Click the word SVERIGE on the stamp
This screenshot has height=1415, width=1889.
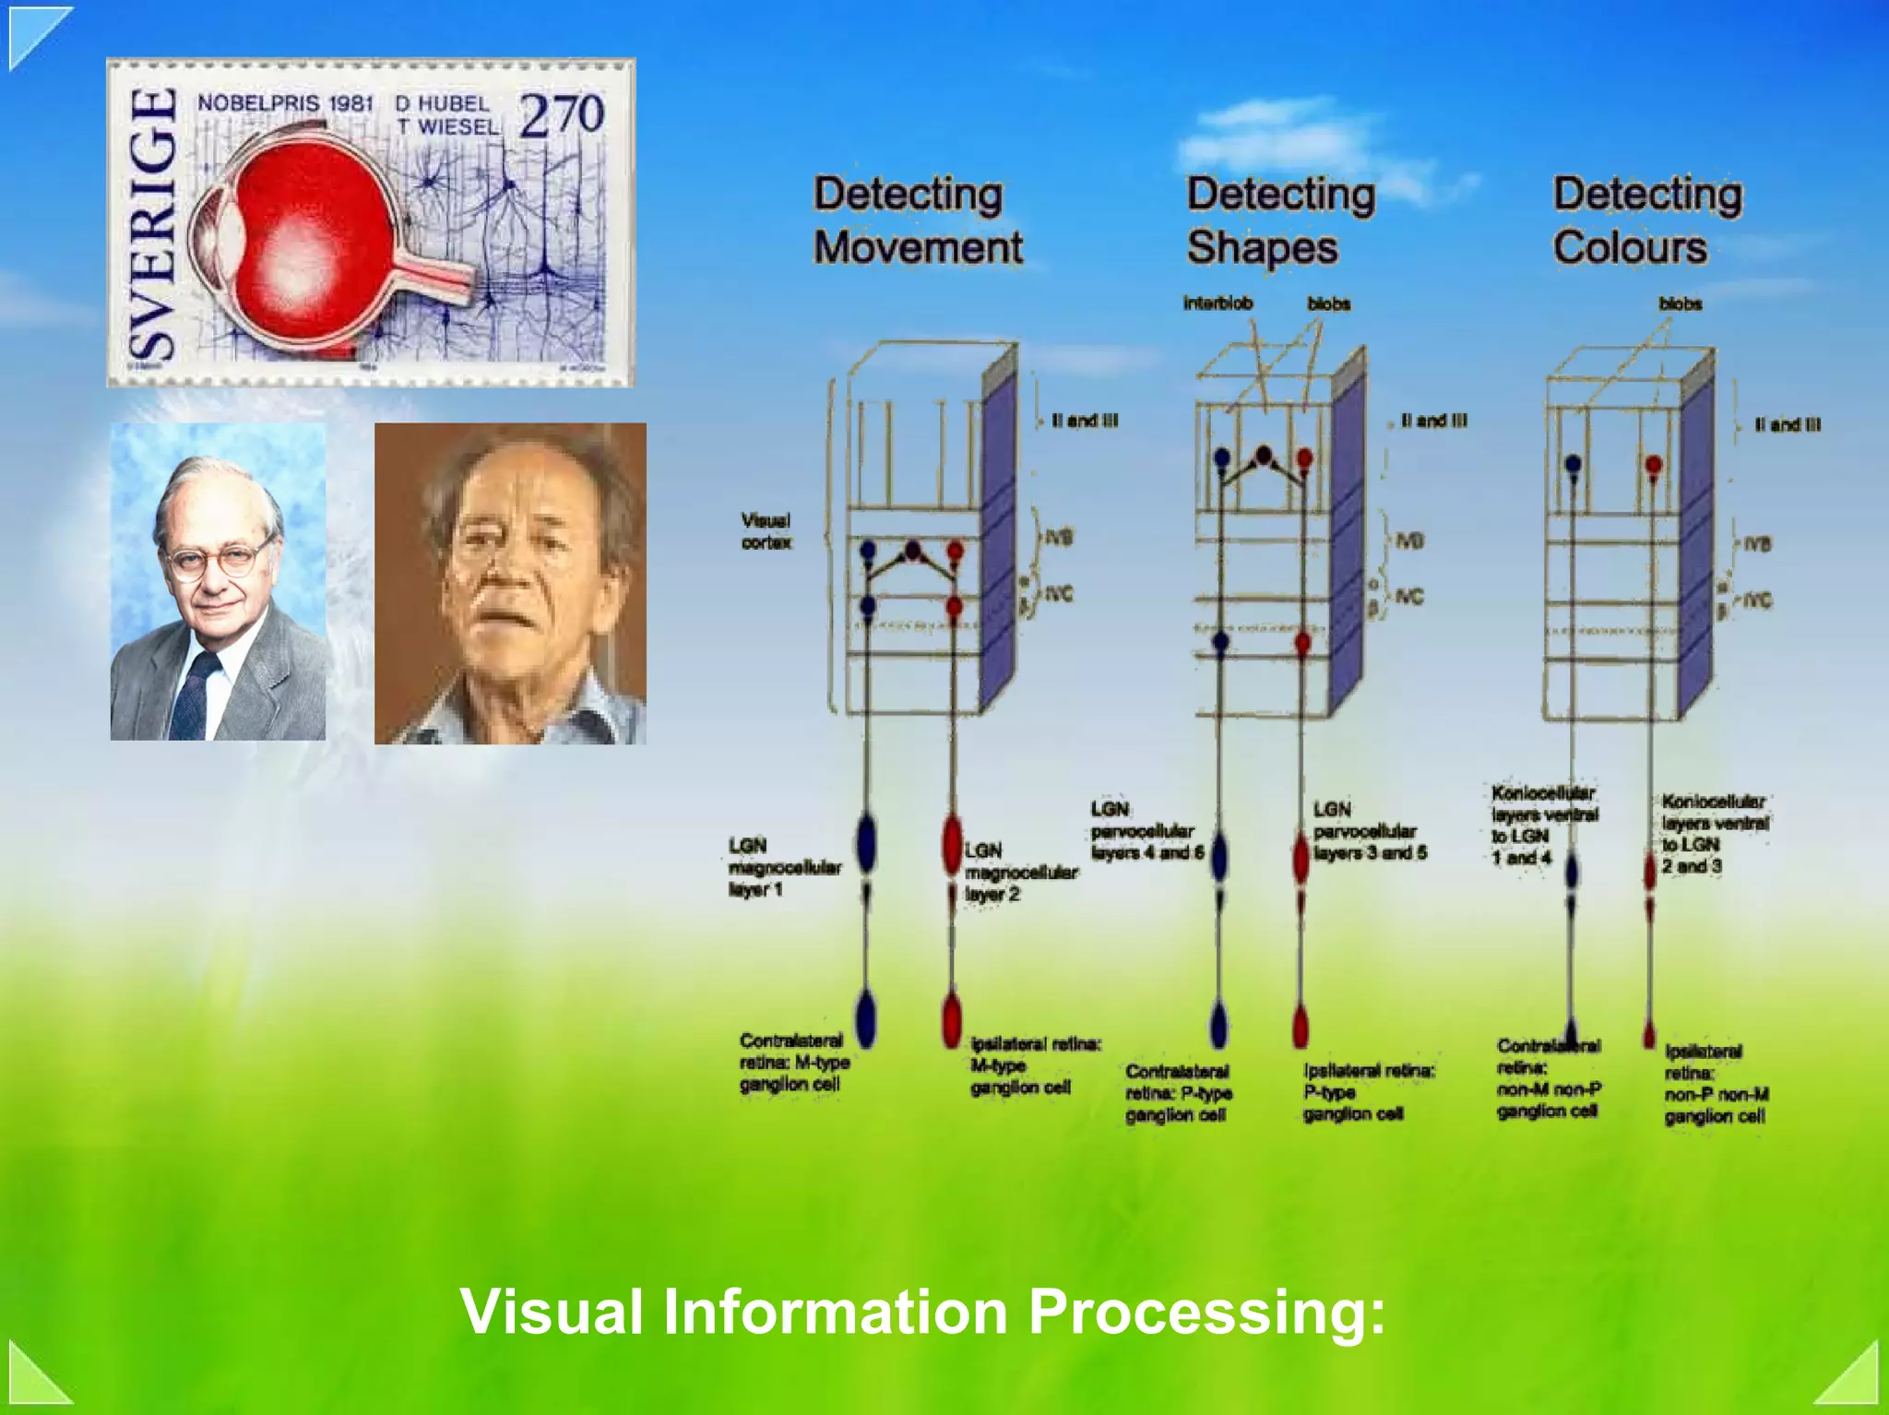point(152,223)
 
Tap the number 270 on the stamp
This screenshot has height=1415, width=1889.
point(561,116)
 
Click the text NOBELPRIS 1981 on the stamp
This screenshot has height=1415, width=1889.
point(285,103)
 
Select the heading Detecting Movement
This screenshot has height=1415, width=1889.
point(918,221)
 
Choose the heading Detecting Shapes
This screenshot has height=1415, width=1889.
point(1280,221)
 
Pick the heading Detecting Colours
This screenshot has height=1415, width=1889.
point(1647,221)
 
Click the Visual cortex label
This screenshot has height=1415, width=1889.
point(766,531)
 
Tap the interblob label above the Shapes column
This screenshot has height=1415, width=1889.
point(1218,303)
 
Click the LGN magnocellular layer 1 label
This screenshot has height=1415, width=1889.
point(784,867)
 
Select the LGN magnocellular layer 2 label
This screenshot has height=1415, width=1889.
point(1020,872)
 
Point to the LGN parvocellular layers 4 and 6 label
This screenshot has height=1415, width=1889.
point(1146,831)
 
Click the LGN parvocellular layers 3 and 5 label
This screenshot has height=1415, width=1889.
point(1370,831)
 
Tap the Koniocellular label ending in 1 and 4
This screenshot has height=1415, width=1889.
point(1543,826)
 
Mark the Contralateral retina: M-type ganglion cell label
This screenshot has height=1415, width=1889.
point(793,1063)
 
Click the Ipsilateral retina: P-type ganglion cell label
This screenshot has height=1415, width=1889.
point(1368,1092)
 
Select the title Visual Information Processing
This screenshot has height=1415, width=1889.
point(922,1311)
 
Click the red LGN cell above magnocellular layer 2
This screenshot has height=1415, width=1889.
point(953,844)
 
